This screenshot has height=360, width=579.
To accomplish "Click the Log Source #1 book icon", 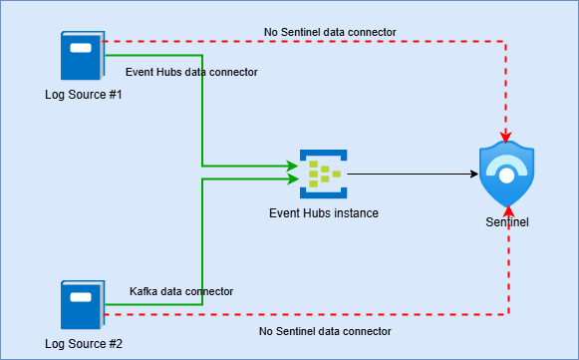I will [x=81, y=56].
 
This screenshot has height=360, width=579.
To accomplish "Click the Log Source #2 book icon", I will [x=81, y=305].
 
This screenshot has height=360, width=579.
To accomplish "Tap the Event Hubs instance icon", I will [x=323, y=175].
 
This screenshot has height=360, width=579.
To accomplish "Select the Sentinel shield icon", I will [x=506, y=175].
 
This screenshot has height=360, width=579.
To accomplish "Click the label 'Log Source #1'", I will [x=83, y=95].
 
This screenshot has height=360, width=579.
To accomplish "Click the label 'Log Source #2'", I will [x=83, y=344].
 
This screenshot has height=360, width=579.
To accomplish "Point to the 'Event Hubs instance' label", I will [x=324, y=212].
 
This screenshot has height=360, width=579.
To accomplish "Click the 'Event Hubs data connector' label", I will [x=191, y=72].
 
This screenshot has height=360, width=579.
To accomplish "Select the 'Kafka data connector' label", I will [x=181, y=291].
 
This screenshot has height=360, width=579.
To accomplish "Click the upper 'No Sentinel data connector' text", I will [x=330, y=32].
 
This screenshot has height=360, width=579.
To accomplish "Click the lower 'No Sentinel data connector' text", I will [x=325, y=330].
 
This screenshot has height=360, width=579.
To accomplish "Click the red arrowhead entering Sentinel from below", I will [x=508, y=209].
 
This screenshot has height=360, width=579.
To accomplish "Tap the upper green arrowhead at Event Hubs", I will [x=295, y=166].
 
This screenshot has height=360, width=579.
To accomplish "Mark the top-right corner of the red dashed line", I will [x=506, y=44].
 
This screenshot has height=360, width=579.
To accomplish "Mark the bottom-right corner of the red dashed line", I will [x=508, y=314].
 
